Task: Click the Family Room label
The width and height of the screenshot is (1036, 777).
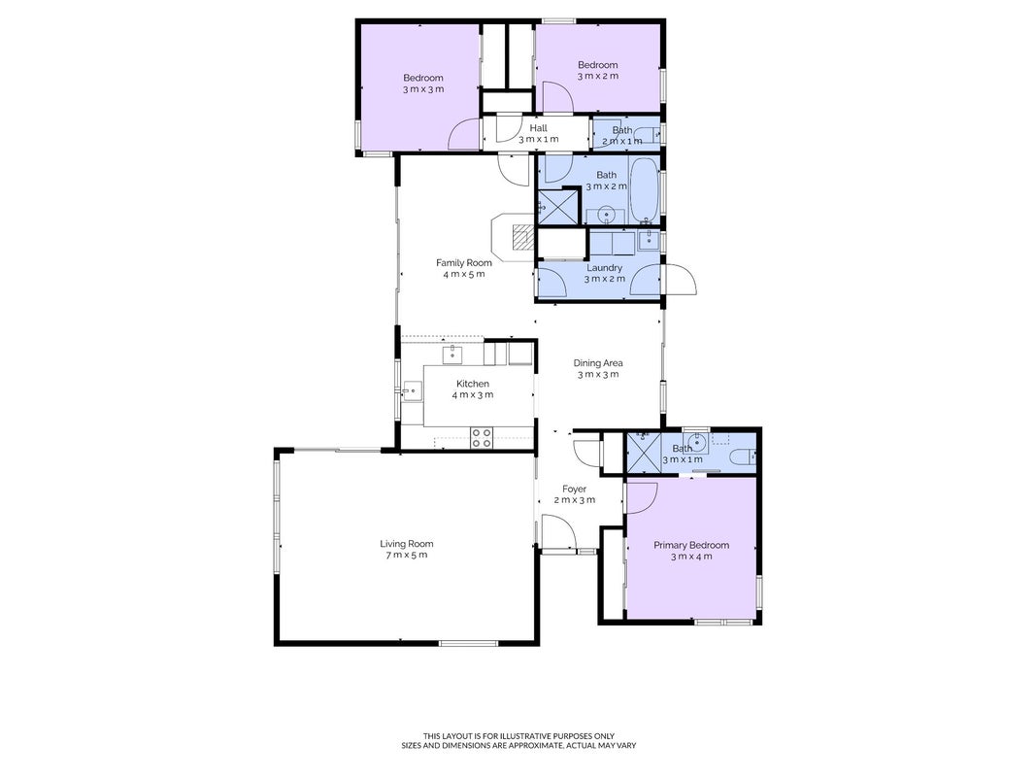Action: [x=464, y=263]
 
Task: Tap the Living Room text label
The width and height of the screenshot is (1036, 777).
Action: [x=406, y=544]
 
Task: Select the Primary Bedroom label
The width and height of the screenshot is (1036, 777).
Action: [x=691, y=545]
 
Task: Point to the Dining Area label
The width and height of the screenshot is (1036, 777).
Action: [x=598, y=362]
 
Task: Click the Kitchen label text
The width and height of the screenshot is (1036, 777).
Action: [x=473, y=384]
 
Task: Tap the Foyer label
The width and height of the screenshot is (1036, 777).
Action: [x=574, y=489]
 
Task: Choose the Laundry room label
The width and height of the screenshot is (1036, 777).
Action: [x=605, y=268]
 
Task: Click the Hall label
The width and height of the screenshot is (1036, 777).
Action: [x=539, y=128]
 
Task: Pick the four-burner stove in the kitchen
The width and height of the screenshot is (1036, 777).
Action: [x=481, y=438]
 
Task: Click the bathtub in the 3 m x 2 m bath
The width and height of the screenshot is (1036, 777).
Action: [x=644, y=190]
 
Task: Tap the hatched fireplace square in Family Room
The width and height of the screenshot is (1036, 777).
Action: [x=524, y=237]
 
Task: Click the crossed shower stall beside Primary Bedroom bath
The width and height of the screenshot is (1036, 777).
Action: [x=643, y=453]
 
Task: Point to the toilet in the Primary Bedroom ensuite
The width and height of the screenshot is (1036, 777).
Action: [x=744, y=456]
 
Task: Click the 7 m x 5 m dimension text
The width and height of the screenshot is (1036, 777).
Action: [x=406, y=555]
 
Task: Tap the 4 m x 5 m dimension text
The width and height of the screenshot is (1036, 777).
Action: [x=464, y=274]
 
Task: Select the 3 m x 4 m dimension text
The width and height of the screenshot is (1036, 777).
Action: [x=691, y=557]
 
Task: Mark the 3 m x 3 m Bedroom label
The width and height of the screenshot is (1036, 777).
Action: [x=423, y=84]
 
